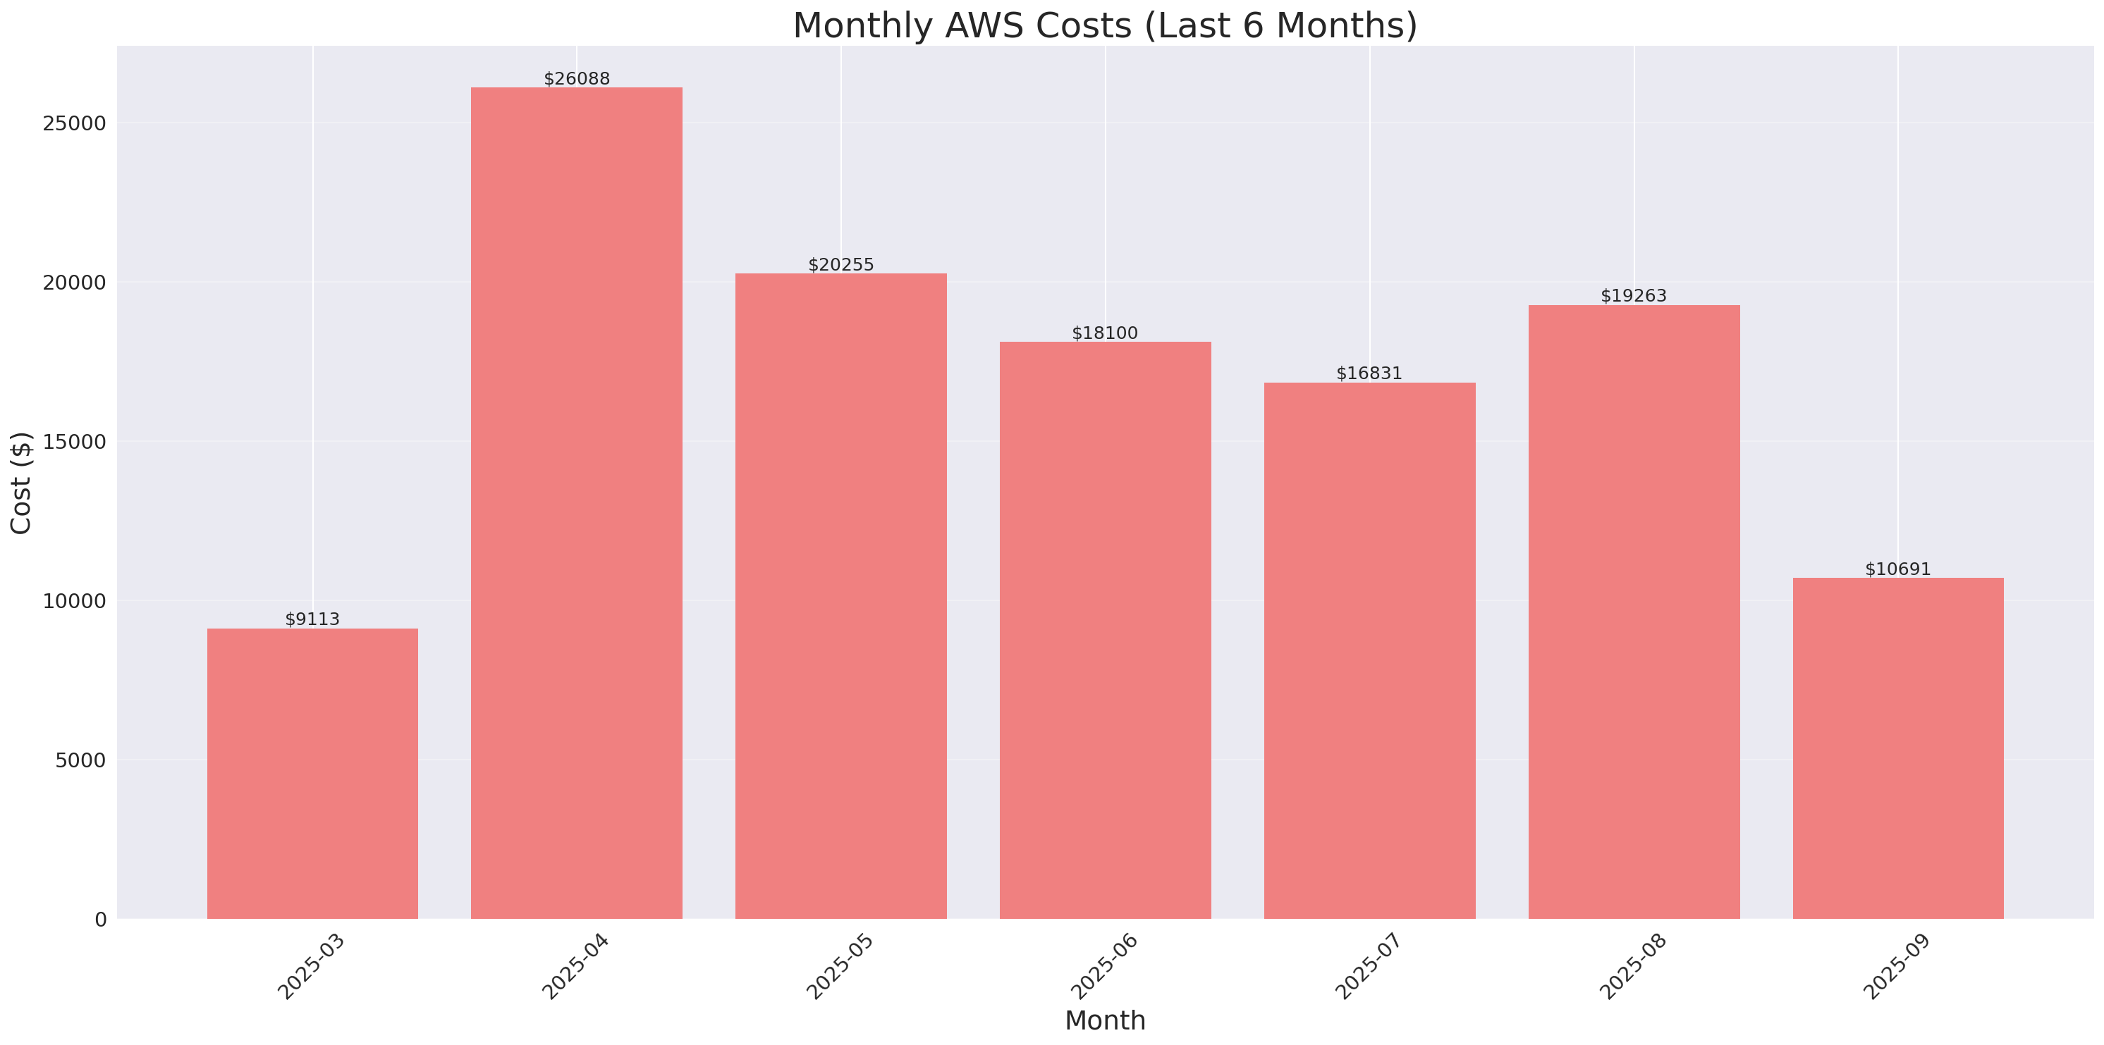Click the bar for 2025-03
click(x=312, y=773)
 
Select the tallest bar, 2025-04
click(x=577, y=503)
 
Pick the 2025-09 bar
click(x=1897, y=748)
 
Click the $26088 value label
click(x=577, y=79)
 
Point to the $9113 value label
click(x=312, y=619)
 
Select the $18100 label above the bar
click(x=1104, y=333)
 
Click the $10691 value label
click(x=1897, y=569)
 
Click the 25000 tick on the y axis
click(x=75, y=123)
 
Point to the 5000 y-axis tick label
click(x=81, y=760)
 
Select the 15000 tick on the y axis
click(x=75, y=442)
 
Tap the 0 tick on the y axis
click(x=100, y=920)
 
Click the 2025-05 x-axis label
click(x=840, y=967)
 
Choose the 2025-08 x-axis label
click(x=1632, y=967)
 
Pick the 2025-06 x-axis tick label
click(x=1103, y=967)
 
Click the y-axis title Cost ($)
click(x=21, y=483)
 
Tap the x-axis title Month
click(x=1104, y=1020)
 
